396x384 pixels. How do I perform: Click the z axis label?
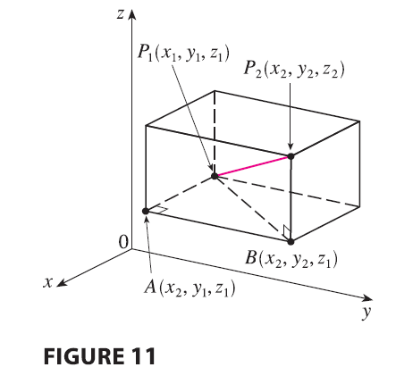coord(120,14)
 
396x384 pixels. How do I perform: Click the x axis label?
coord(47,282)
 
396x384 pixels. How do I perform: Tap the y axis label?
coord(367,313)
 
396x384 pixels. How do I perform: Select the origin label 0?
coord(123,242)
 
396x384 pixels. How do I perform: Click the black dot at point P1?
coord(215,176)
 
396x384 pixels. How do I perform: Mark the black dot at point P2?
coord(291,156)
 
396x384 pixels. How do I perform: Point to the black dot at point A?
coord(146,211)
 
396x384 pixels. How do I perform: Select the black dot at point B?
coord(291,241)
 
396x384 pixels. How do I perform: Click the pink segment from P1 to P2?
coord(253,166)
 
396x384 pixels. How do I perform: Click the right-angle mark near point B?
coord(287,231)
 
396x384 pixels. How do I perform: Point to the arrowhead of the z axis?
coord(132,15)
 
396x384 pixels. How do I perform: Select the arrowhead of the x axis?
coord(61,283)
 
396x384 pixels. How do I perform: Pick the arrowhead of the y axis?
coord(367,298)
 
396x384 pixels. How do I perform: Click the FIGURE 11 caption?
coord(99,356)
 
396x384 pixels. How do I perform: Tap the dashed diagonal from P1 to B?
coord(253,209)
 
